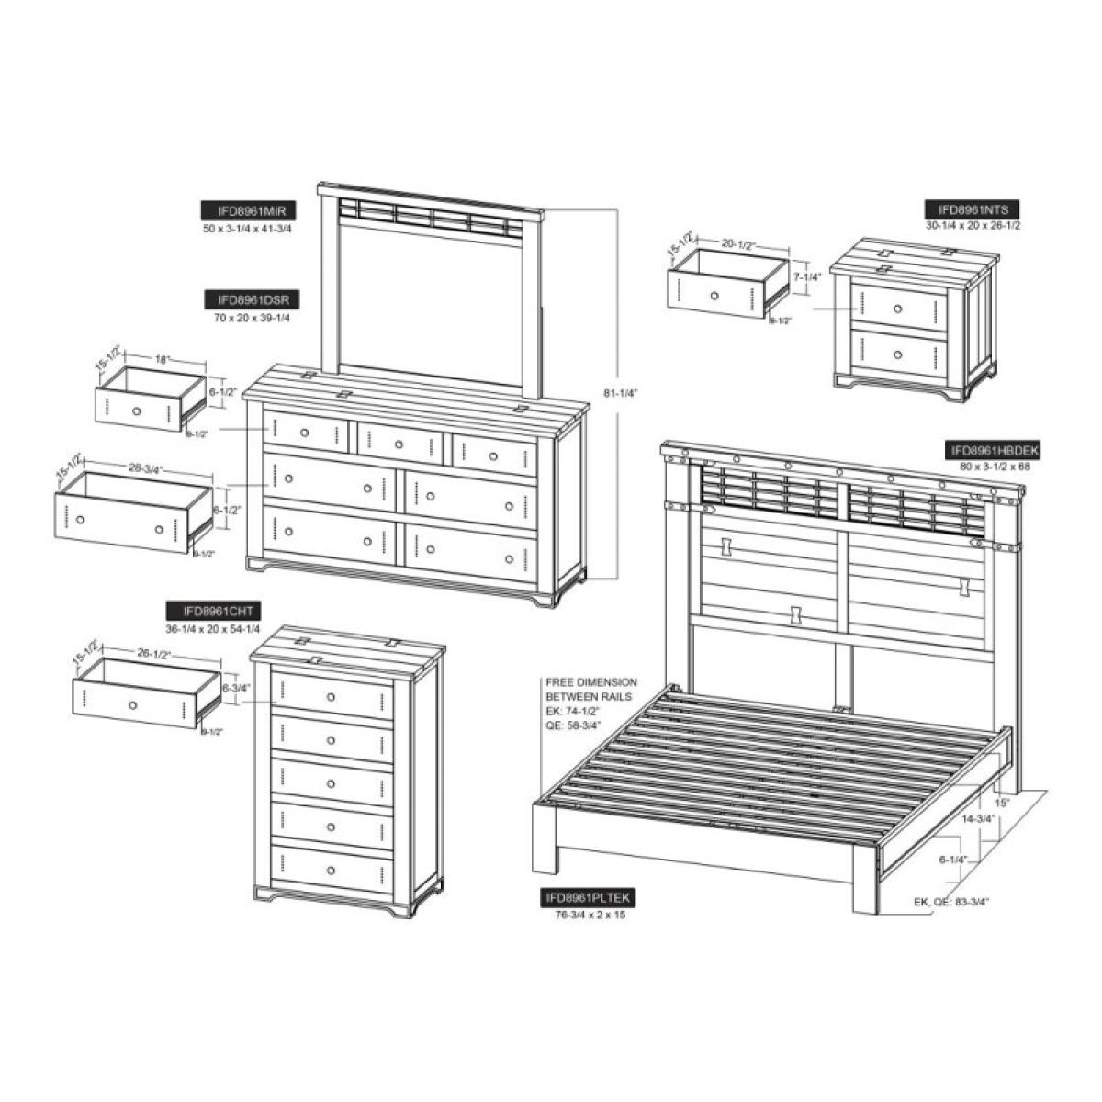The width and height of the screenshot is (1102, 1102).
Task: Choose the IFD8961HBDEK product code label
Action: (x=994, y=450)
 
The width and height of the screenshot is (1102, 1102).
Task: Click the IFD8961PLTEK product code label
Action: (x=588, y=898)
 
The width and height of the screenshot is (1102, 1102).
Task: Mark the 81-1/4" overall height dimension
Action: (x=621, y=393)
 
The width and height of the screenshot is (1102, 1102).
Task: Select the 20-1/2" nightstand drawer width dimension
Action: (x=738, y=245)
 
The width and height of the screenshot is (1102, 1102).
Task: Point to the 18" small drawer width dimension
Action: (x=163, y=361)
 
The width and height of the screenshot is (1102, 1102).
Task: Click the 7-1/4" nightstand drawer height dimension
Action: (x=807, y=276)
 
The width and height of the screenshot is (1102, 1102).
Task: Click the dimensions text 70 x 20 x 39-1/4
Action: (x=251, y=318)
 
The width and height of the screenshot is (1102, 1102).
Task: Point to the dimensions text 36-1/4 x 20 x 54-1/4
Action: (x=214, y=628)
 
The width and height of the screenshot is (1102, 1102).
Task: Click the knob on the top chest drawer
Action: (x=330, y=697)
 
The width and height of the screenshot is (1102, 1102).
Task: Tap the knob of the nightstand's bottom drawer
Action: (x=897, y=354)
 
